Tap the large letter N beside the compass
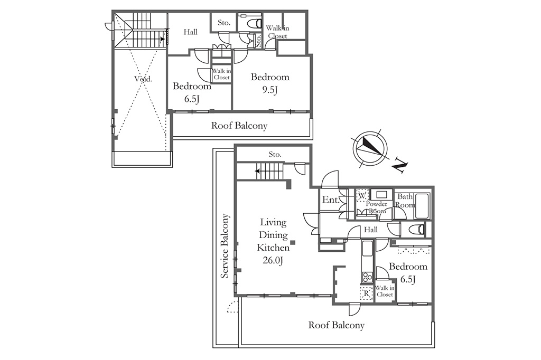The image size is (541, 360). point(400,165)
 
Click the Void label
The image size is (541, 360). point(143,79)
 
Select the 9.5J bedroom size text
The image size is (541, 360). point(270,90)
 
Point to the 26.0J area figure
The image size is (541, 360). point(273,261)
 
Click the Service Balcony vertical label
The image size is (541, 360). point(225,246)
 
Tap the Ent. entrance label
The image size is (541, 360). point(331,200)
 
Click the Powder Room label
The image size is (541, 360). point(376,207)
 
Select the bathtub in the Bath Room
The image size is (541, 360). point(422,206)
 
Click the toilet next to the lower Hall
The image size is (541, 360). point(416,229)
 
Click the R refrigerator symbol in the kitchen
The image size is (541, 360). point(367,294)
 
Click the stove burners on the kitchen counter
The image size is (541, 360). point(367,277)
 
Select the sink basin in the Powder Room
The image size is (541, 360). point(381,194)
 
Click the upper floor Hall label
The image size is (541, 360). point(190,32)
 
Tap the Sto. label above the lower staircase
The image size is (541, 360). point(275,155)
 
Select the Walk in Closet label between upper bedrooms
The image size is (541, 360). point(221,74)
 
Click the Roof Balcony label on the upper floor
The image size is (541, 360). point(239,126)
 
